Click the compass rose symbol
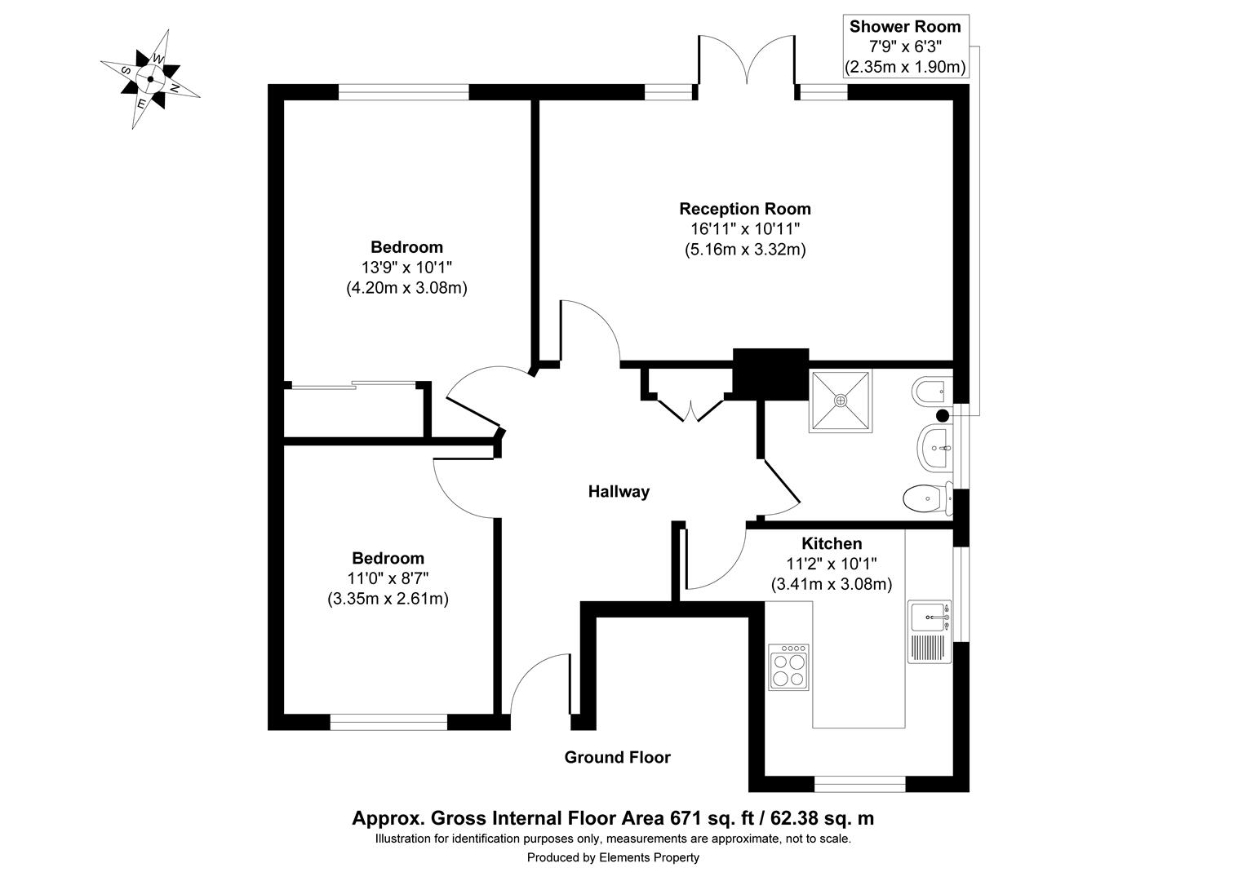[x=150, y=79]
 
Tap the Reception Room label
[x=745, y=209]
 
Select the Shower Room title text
[x=905, y=26]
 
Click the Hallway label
[x=619, y=492]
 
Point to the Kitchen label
[x=832, y=543]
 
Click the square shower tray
[x=840, y=401]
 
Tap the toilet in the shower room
[x=929, y=498]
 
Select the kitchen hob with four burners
[x=789, y=667]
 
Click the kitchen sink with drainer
[x=930, y=630]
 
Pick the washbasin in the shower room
[x=935, y=447]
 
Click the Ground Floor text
[x=617, y=758]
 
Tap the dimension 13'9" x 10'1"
[x=406, y=267]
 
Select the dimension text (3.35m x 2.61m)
[x=388, y=599]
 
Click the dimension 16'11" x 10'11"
[x=745, y=229]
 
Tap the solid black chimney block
[x=770, y=374]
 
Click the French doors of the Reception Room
[x=746, y=61]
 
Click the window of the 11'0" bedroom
[x=388, y=721]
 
